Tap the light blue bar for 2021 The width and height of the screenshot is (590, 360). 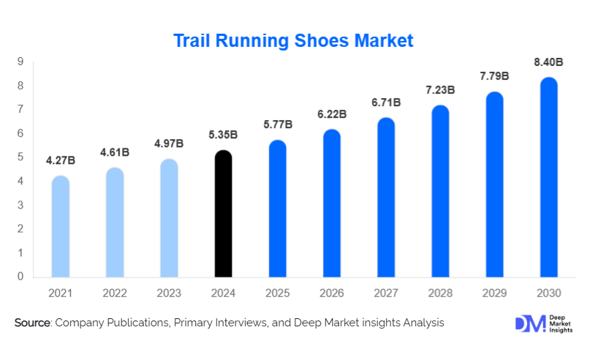click(x=61, y=226)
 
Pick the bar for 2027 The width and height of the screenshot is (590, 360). click(x=386, y=197)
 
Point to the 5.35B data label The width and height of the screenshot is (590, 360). click(x=223, y=134)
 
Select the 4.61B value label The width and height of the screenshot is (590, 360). click(x=115, y=152)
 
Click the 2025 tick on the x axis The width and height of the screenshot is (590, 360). click(x=277, y=293)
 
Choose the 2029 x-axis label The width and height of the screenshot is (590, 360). click(x=494, y=293)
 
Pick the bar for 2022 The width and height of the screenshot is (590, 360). click(x=115, y=222)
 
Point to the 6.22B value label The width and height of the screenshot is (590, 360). click(x=332, y=114)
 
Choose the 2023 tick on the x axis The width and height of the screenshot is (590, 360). click(x=169, y=293)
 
